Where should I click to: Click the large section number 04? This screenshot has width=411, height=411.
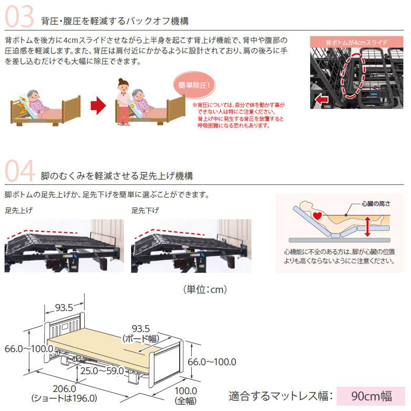(19, 171)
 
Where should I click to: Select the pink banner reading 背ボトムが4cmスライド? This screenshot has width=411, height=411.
(356, 42)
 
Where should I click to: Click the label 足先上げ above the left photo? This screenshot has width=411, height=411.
(19, 210)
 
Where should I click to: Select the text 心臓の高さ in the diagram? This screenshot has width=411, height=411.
(375, 203)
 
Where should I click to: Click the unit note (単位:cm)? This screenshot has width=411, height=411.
(204, 289)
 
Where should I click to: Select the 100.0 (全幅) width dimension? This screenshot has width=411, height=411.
(185, 395)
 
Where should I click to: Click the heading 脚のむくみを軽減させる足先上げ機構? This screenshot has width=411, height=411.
(116, 175)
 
